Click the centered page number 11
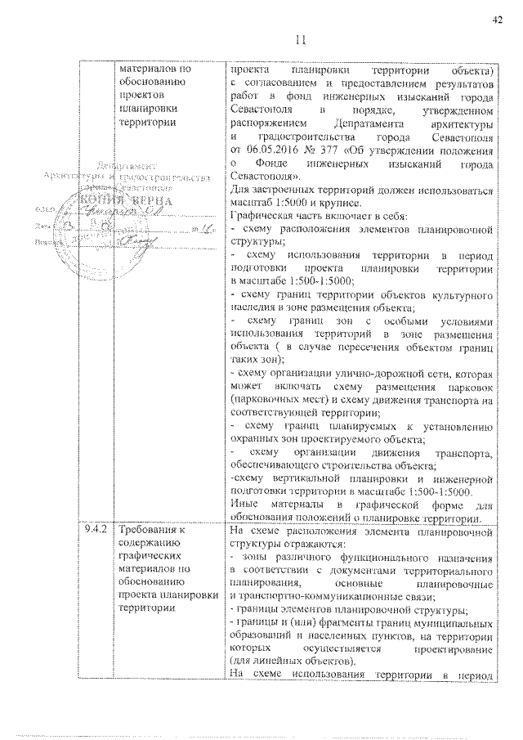tap(298, 40)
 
